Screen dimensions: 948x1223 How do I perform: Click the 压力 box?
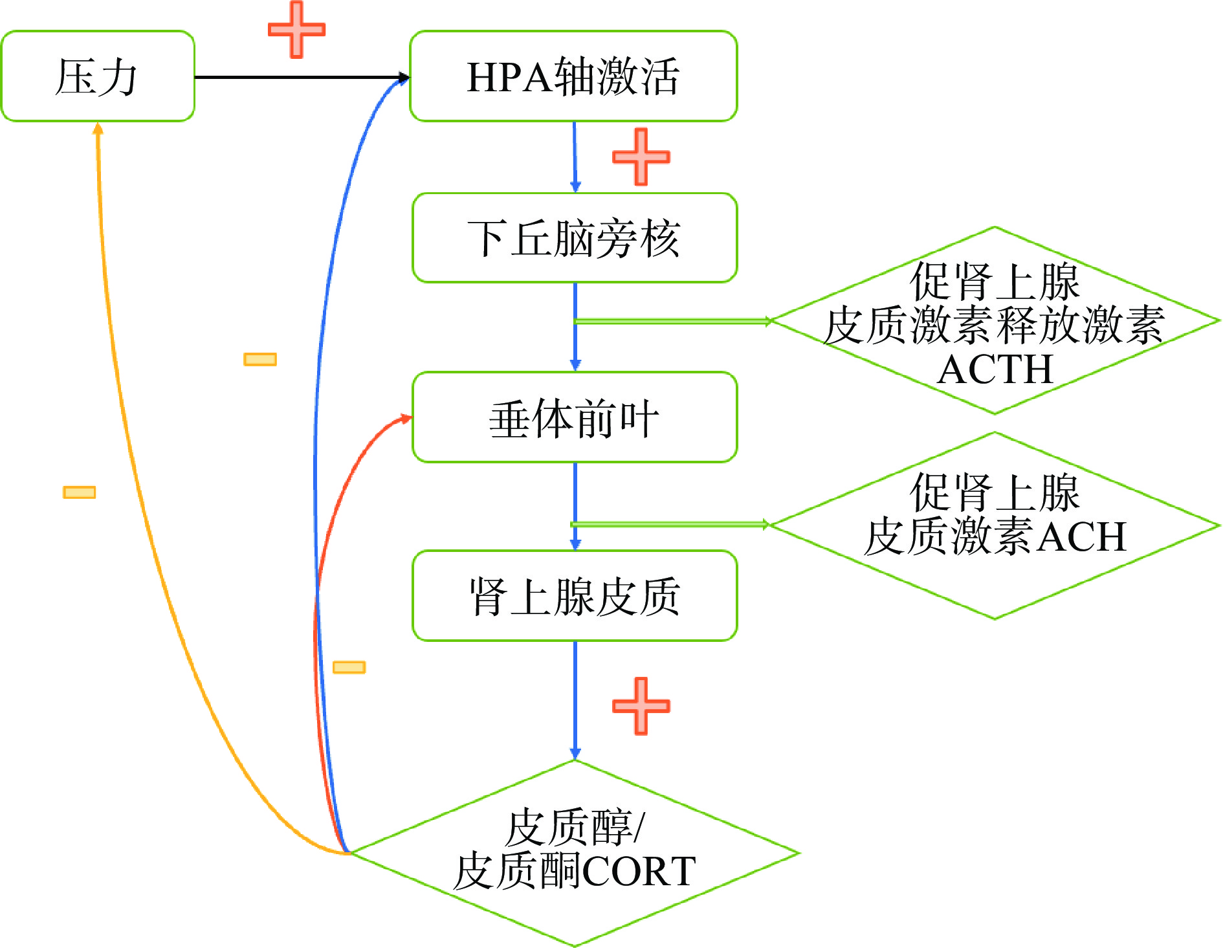[98, 76]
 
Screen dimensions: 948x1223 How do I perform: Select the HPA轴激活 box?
[573, 76]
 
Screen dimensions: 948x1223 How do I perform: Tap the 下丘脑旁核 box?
[575, 238]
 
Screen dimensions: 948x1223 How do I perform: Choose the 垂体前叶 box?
[575, 417]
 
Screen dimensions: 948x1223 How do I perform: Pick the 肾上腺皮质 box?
[575, 596]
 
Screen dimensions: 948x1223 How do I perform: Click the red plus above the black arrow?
[296, 30]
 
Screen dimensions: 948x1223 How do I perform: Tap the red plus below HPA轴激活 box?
[641, 157]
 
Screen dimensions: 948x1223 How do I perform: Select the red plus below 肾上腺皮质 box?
[641, 706]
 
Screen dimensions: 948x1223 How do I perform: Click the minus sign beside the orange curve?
[79, 492]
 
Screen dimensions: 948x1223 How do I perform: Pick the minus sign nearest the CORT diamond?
[349, 667]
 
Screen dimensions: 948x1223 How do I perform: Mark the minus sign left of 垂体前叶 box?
[260, 359]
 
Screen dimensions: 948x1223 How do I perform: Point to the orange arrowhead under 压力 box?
[98, 129]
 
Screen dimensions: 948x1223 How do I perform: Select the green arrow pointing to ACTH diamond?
[673, 321]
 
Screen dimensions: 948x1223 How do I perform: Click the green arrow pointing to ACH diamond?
[670, 524]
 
